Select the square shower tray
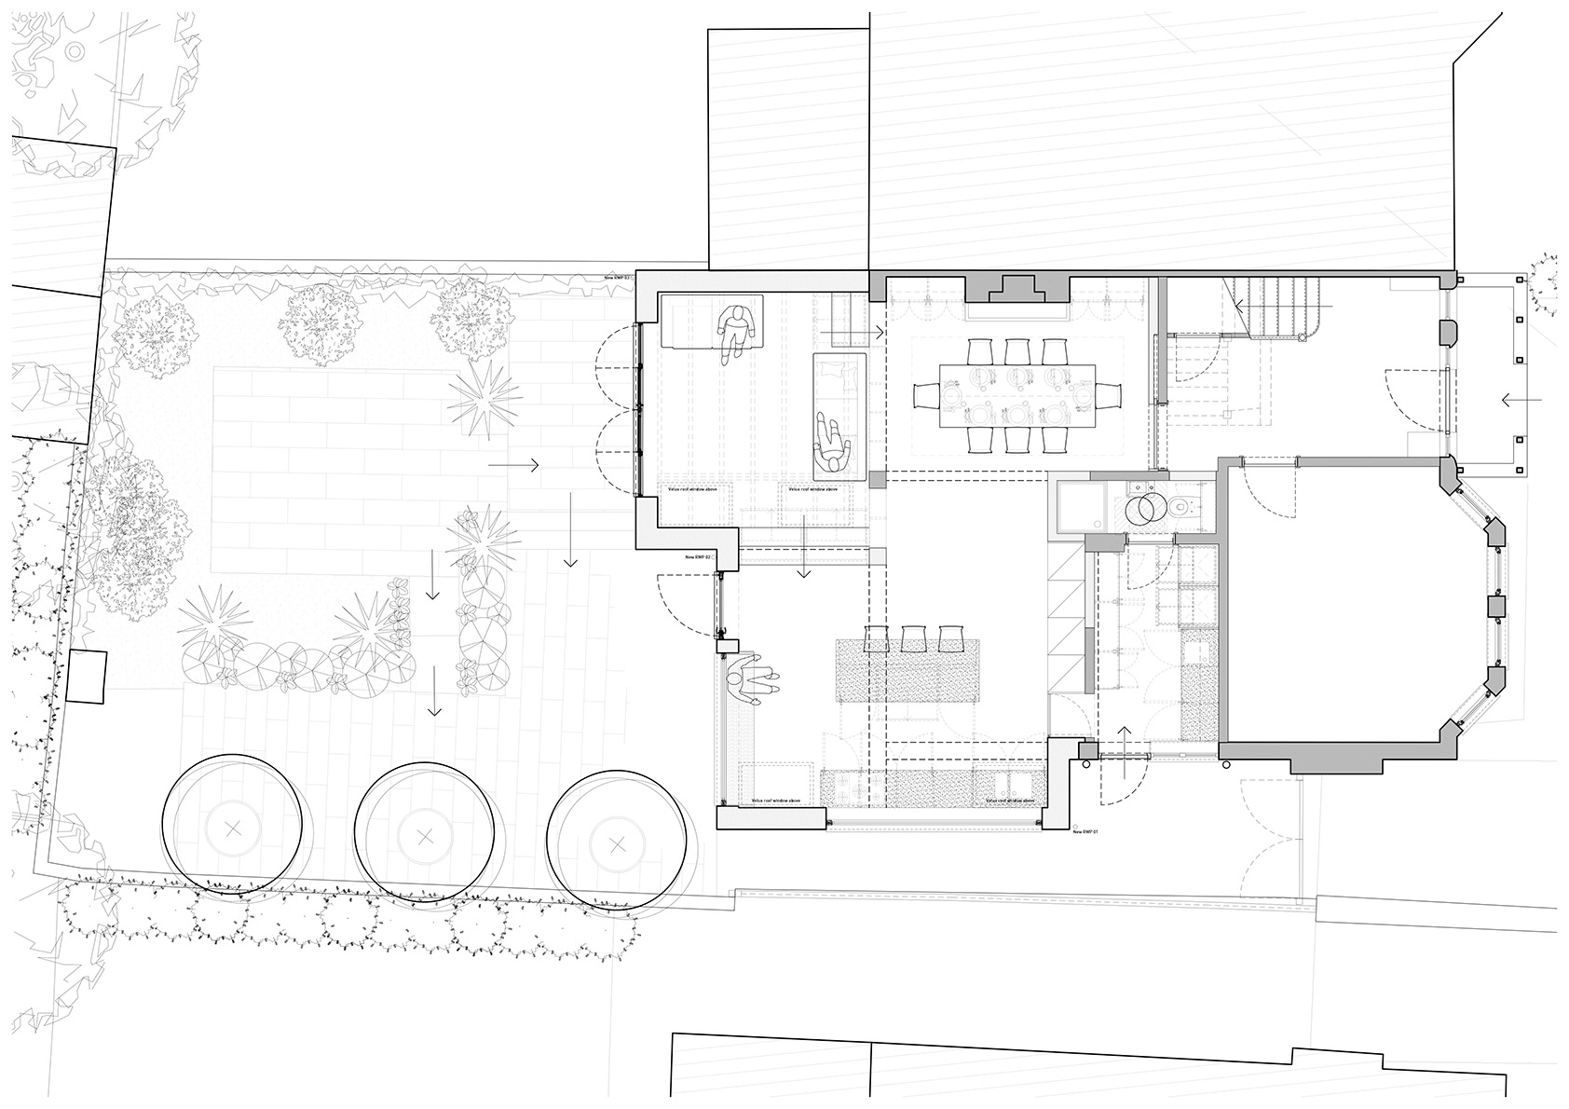[x=1074, y=509]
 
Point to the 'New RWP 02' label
[x=698, y=556]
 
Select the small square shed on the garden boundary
[x=87, y=676]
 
